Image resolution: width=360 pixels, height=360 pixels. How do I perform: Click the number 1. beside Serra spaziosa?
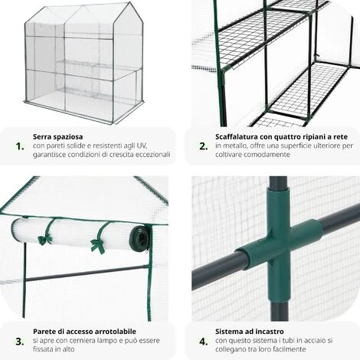coord(20,146)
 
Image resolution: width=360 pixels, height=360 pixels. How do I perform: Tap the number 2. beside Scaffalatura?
coord(204,146)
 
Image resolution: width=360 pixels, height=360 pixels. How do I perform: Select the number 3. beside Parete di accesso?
coord(20,342)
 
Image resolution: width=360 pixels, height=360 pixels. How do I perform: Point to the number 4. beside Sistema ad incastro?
coord(204,342)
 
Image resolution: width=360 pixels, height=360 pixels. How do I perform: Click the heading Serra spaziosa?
coord(57,137)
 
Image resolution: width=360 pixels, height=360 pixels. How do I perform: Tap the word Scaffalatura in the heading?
coord(237,137)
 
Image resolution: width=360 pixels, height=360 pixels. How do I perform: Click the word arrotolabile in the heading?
coord(115,332)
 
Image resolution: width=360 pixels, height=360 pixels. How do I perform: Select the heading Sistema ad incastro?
coord(250,332)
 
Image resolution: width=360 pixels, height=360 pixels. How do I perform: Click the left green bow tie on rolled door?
coord(45,240)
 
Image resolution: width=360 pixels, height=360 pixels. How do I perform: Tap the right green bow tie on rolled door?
coord(98,246)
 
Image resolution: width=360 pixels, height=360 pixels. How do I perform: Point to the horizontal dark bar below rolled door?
coord(87,273)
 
